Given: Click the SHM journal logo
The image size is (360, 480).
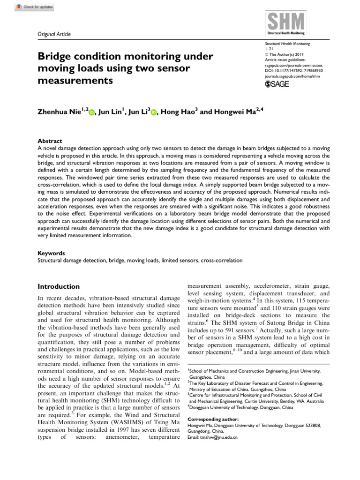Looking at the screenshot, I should point(285,24).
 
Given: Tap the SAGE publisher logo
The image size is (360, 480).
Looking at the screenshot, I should point(277,84).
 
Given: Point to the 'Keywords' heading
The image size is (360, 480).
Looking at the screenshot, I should point(51,253).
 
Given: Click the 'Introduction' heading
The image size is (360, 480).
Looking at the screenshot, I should point(59,286).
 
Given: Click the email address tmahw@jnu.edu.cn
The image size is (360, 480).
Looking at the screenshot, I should point(212,437).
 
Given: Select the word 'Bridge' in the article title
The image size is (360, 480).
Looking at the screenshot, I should point(58,57).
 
